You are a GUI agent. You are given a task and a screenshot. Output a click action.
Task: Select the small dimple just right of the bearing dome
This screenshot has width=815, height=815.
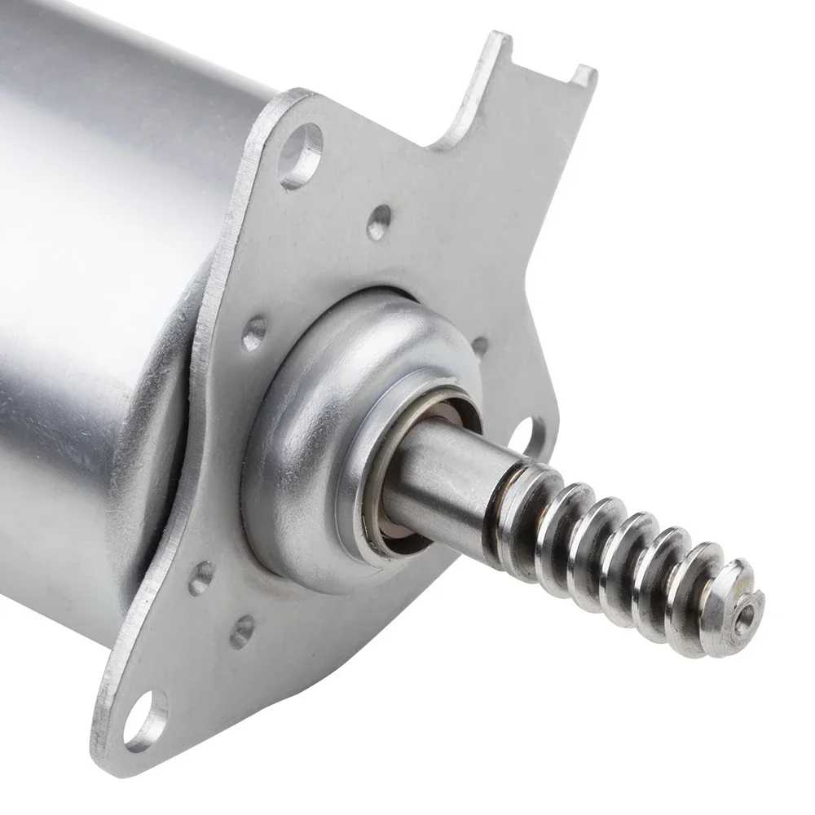point(479,345)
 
